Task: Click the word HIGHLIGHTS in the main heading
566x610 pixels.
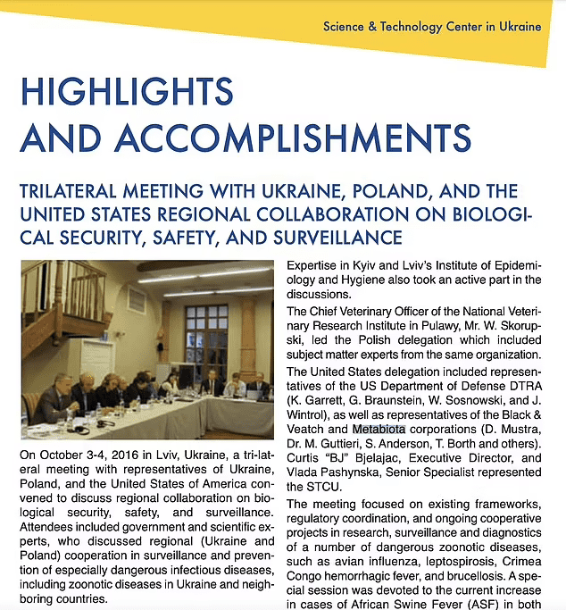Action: click(x=126, y=91)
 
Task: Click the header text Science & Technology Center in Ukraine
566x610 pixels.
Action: click(x=431, y=26)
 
